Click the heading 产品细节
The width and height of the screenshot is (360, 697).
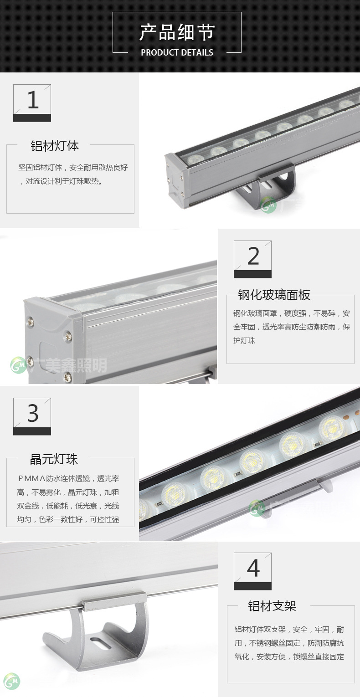(x=177, y=32)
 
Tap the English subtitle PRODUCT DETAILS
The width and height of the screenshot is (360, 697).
(x=177, y=52)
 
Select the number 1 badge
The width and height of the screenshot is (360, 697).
(x=32, y=103)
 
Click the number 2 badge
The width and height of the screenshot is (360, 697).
(x=252, y=259)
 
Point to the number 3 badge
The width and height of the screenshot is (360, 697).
(x=32, y=416)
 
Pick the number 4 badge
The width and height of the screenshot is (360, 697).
(x=252, y=571)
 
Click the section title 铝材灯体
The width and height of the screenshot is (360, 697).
(x=55, y=146)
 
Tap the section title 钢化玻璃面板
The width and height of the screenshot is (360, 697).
(x=274, y=295)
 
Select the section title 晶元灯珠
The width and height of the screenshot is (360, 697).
(x=54, y=459)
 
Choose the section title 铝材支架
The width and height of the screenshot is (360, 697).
(x=272, y=606)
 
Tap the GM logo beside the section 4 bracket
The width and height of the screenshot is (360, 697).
(x=11, y=681)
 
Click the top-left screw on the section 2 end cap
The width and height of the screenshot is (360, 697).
(x=30, y=322)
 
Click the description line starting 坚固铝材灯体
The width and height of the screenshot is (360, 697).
(x=73, y=167)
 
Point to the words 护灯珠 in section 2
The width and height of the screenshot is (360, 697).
(x=244, y=340)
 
